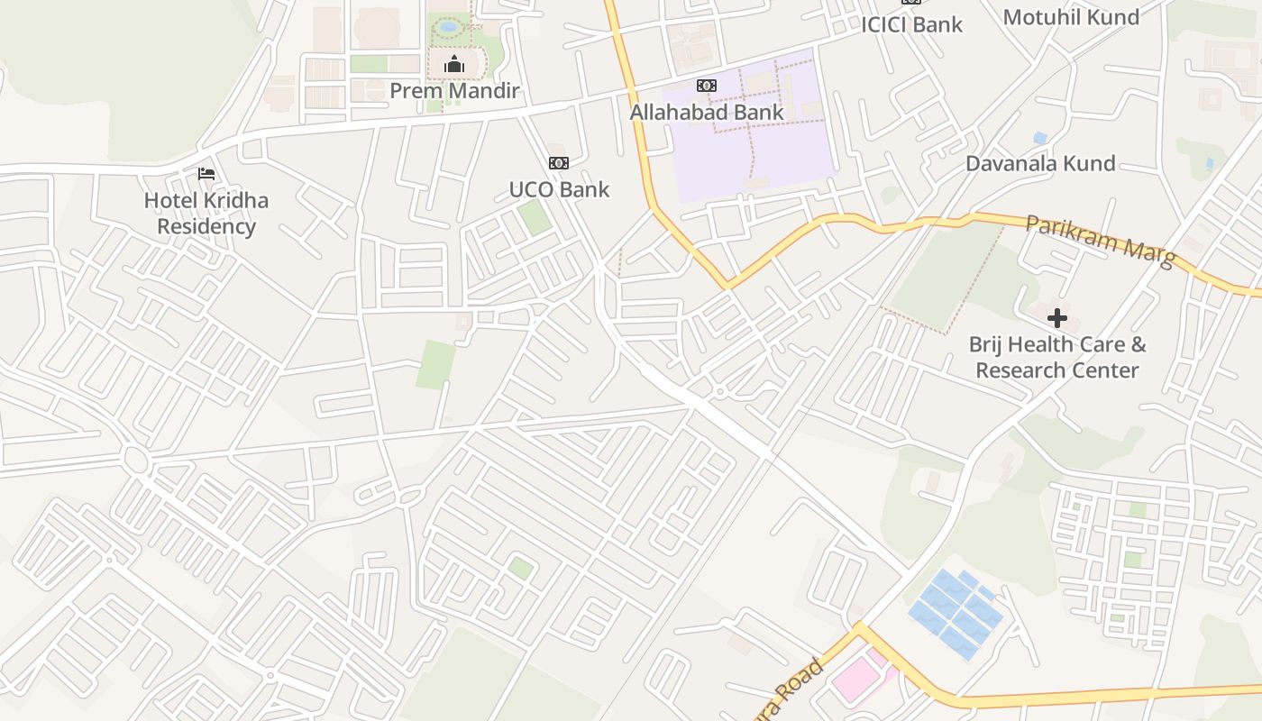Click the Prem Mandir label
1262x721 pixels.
[x=454, y=91]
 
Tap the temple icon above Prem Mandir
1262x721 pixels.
[x=454, y=64]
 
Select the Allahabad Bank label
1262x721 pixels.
[x=707, y=113]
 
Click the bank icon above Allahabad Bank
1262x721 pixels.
[x=707, y=86]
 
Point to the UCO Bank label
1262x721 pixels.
[x=559, y=189]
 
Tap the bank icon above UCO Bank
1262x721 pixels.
[x=559, y=163]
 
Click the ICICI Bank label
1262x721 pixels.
[x=911, y=24]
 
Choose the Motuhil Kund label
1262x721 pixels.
[x=1071, y=17]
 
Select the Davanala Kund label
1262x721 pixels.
[x=1040, y=163]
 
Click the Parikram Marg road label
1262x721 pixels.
[x=1101, y=240]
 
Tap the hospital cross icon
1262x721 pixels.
[x=1057, y=318]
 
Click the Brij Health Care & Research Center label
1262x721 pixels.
[x=1057, y=357]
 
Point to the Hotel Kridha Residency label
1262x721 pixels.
[x=206, y=213]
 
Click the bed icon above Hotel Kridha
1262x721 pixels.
[x=206, y=173]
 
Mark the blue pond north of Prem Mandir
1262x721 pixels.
[x=448, y=27]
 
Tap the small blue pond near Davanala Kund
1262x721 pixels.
[x=1041, y=138]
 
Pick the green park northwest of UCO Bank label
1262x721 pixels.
[x=535, y=217]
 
